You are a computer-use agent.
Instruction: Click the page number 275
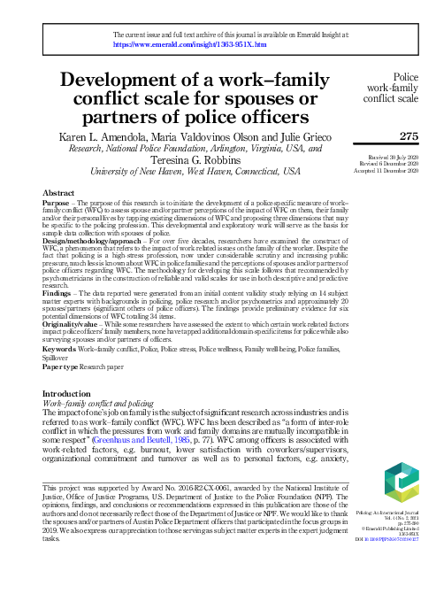pos(409,136)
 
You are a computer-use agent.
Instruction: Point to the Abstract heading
pos(58,192)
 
